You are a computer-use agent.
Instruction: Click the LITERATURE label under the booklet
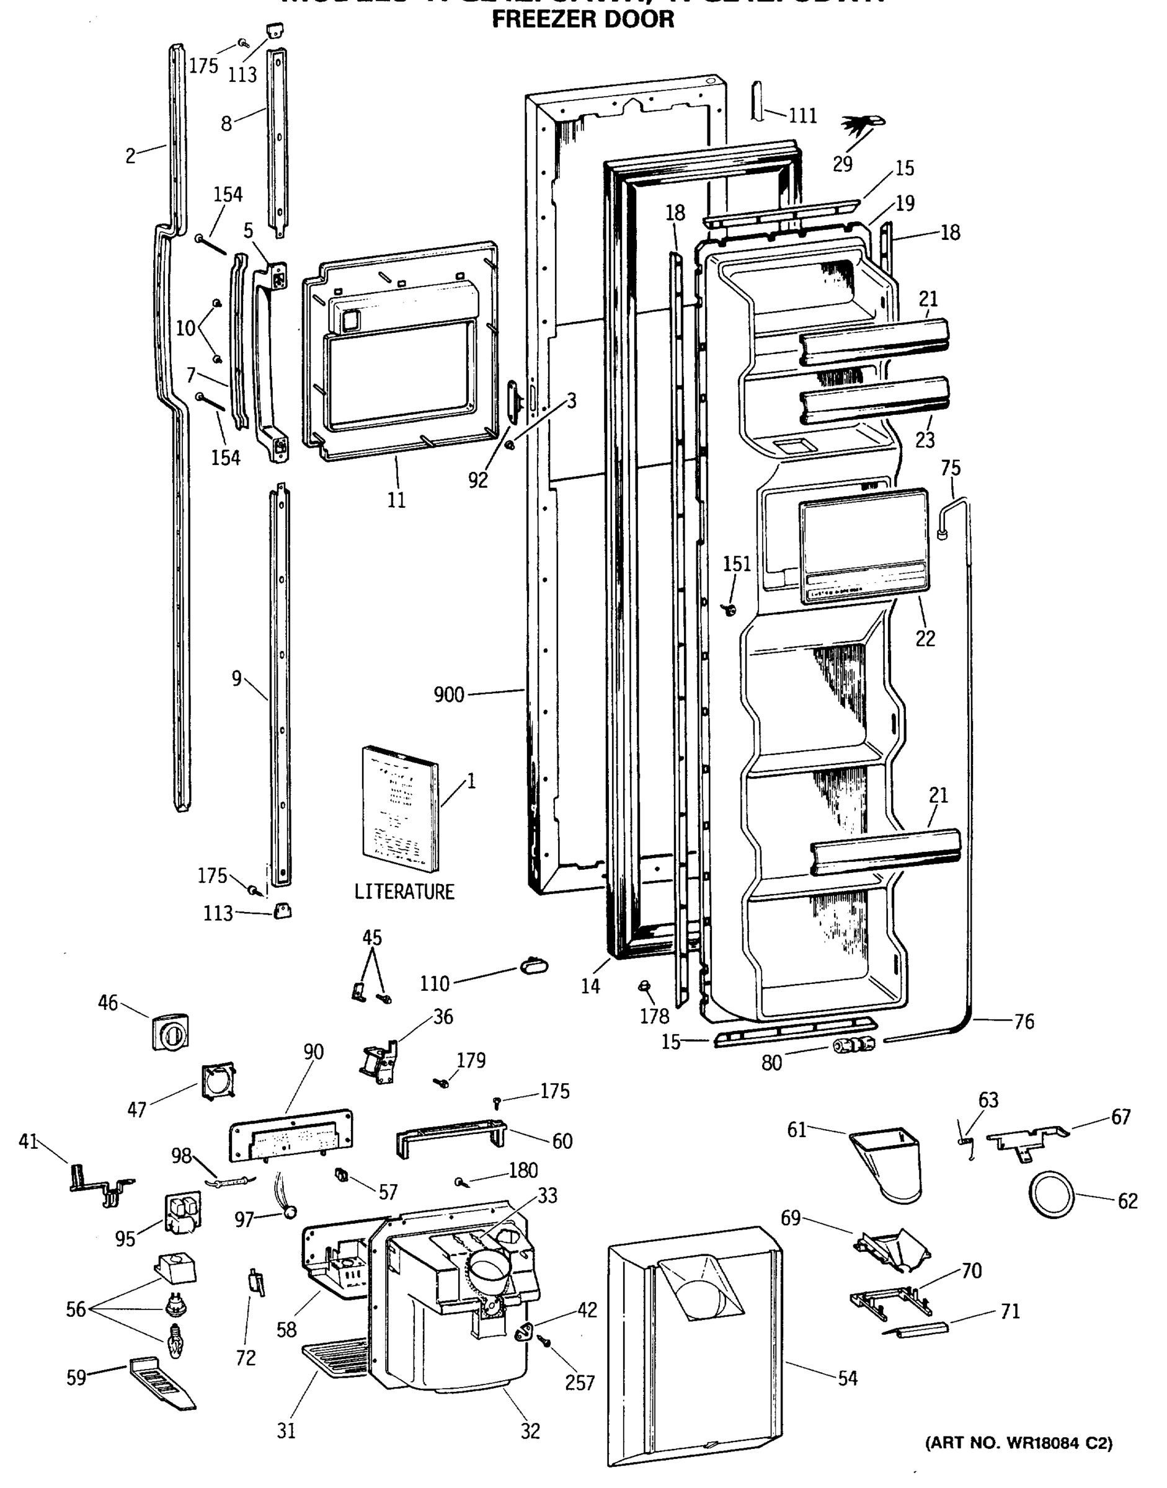[404, 892]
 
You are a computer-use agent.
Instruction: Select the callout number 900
[449, 695]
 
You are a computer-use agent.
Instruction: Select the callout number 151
[737, 564]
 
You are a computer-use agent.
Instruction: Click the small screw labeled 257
[545, 1341]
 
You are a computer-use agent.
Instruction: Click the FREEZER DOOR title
[583, 19]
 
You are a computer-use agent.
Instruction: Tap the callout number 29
[843, 164]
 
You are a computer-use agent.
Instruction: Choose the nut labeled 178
[643, 986]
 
